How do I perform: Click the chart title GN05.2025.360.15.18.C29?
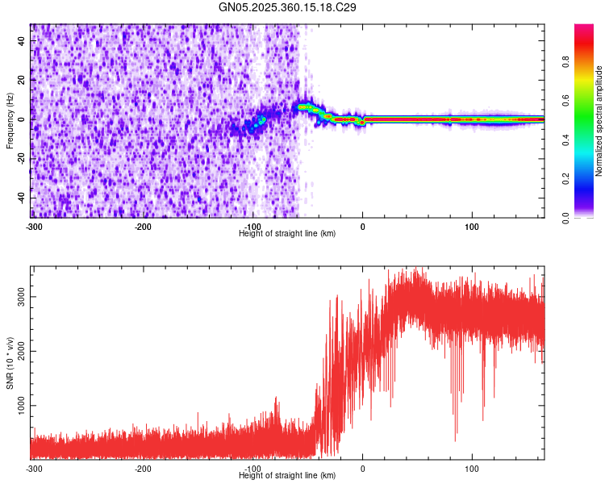point(288,7)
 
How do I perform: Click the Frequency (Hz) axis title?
point(10,120)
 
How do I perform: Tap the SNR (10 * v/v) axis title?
point(10,362)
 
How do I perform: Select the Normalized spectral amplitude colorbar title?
point(599,121)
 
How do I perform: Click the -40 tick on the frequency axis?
point(21,198)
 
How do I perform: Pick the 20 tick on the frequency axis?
point(23,79)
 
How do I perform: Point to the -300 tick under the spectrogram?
point(33,227)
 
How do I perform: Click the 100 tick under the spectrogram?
point(473,227)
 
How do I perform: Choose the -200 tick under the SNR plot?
point(143,469)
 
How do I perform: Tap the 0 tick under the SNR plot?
point(363,469)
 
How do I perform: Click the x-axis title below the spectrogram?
point(288,234)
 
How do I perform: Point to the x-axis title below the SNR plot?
point(288,476)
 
